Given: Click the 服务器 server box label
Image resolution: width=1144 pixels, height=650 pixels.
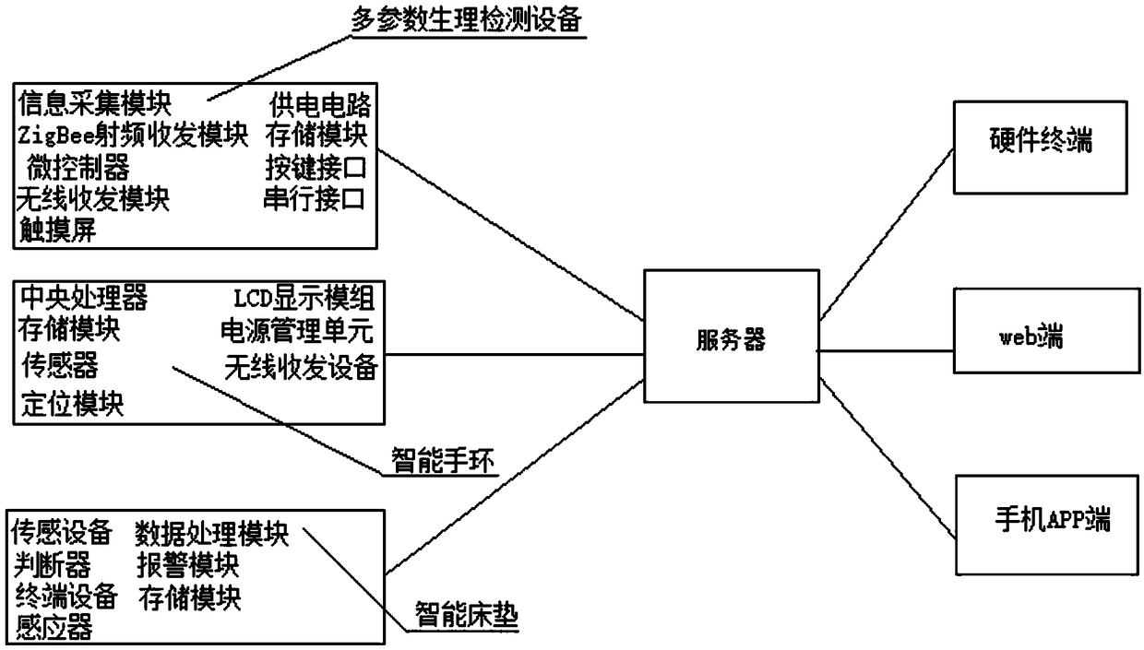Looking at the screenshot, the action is (731, 340).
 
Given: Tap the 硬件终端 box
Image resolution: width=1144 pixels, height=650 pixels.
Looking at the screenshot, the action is (1041, 148).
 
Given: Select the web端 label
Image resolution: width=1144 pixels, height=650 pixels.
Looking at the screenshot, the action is (1031, 337).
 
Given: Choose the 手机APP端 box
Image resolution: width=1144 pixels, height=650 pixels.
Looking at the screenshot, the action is (1047, 525).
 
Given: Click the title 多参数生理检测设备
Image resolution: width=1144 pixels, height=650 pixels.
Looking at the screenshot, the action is (466, 20).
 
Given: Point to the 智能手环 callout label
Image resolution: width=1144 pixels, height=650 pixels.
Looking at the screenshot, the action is (443, 460).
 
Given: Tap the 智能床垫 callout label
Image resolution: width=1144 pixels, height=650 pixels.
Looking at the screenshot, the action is (466, 614).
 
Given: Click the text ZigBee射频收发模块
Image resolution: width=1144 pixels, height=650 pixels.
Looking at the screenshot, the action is (133, 136).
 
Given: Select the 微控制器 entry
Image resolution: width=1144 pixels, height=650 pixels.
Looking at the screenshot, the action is (78, 168).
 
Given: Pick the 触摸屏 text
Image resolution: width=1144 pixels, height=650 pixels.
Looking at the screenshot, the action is (58, 230).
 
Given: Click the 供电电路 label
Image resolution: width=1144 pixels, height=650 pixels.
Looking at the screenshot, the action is (320, 105).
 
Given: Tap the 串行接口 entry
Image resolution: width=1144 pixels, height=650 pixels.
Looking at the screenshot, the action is (314, 199).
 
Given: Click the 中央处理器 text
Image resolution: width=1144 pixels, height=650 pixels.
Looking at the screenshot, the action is (84, 298).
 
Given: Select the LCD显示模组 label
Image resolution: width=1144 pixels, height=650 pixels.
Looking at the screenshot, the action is (304, 299).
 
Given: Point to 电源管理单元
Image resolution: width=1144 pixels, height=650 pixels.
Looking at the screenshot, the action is (297, 332).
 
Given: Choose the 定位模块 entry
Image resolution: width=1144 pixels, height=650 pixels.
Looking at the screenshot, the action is (72, 404).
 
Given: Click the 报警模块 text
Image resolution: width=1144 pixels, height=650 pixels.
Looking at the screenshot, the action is (188, 565).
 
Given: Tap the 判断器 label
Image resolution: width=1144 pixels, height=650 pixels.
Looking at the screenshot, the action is (52, 565).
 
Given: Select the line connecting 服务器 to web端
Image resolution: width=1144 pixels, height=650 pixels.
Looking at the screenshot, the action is (886, 351).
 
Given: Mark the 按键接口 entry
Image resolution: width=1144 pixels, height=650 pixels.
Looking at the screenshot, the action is (316, 168).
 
